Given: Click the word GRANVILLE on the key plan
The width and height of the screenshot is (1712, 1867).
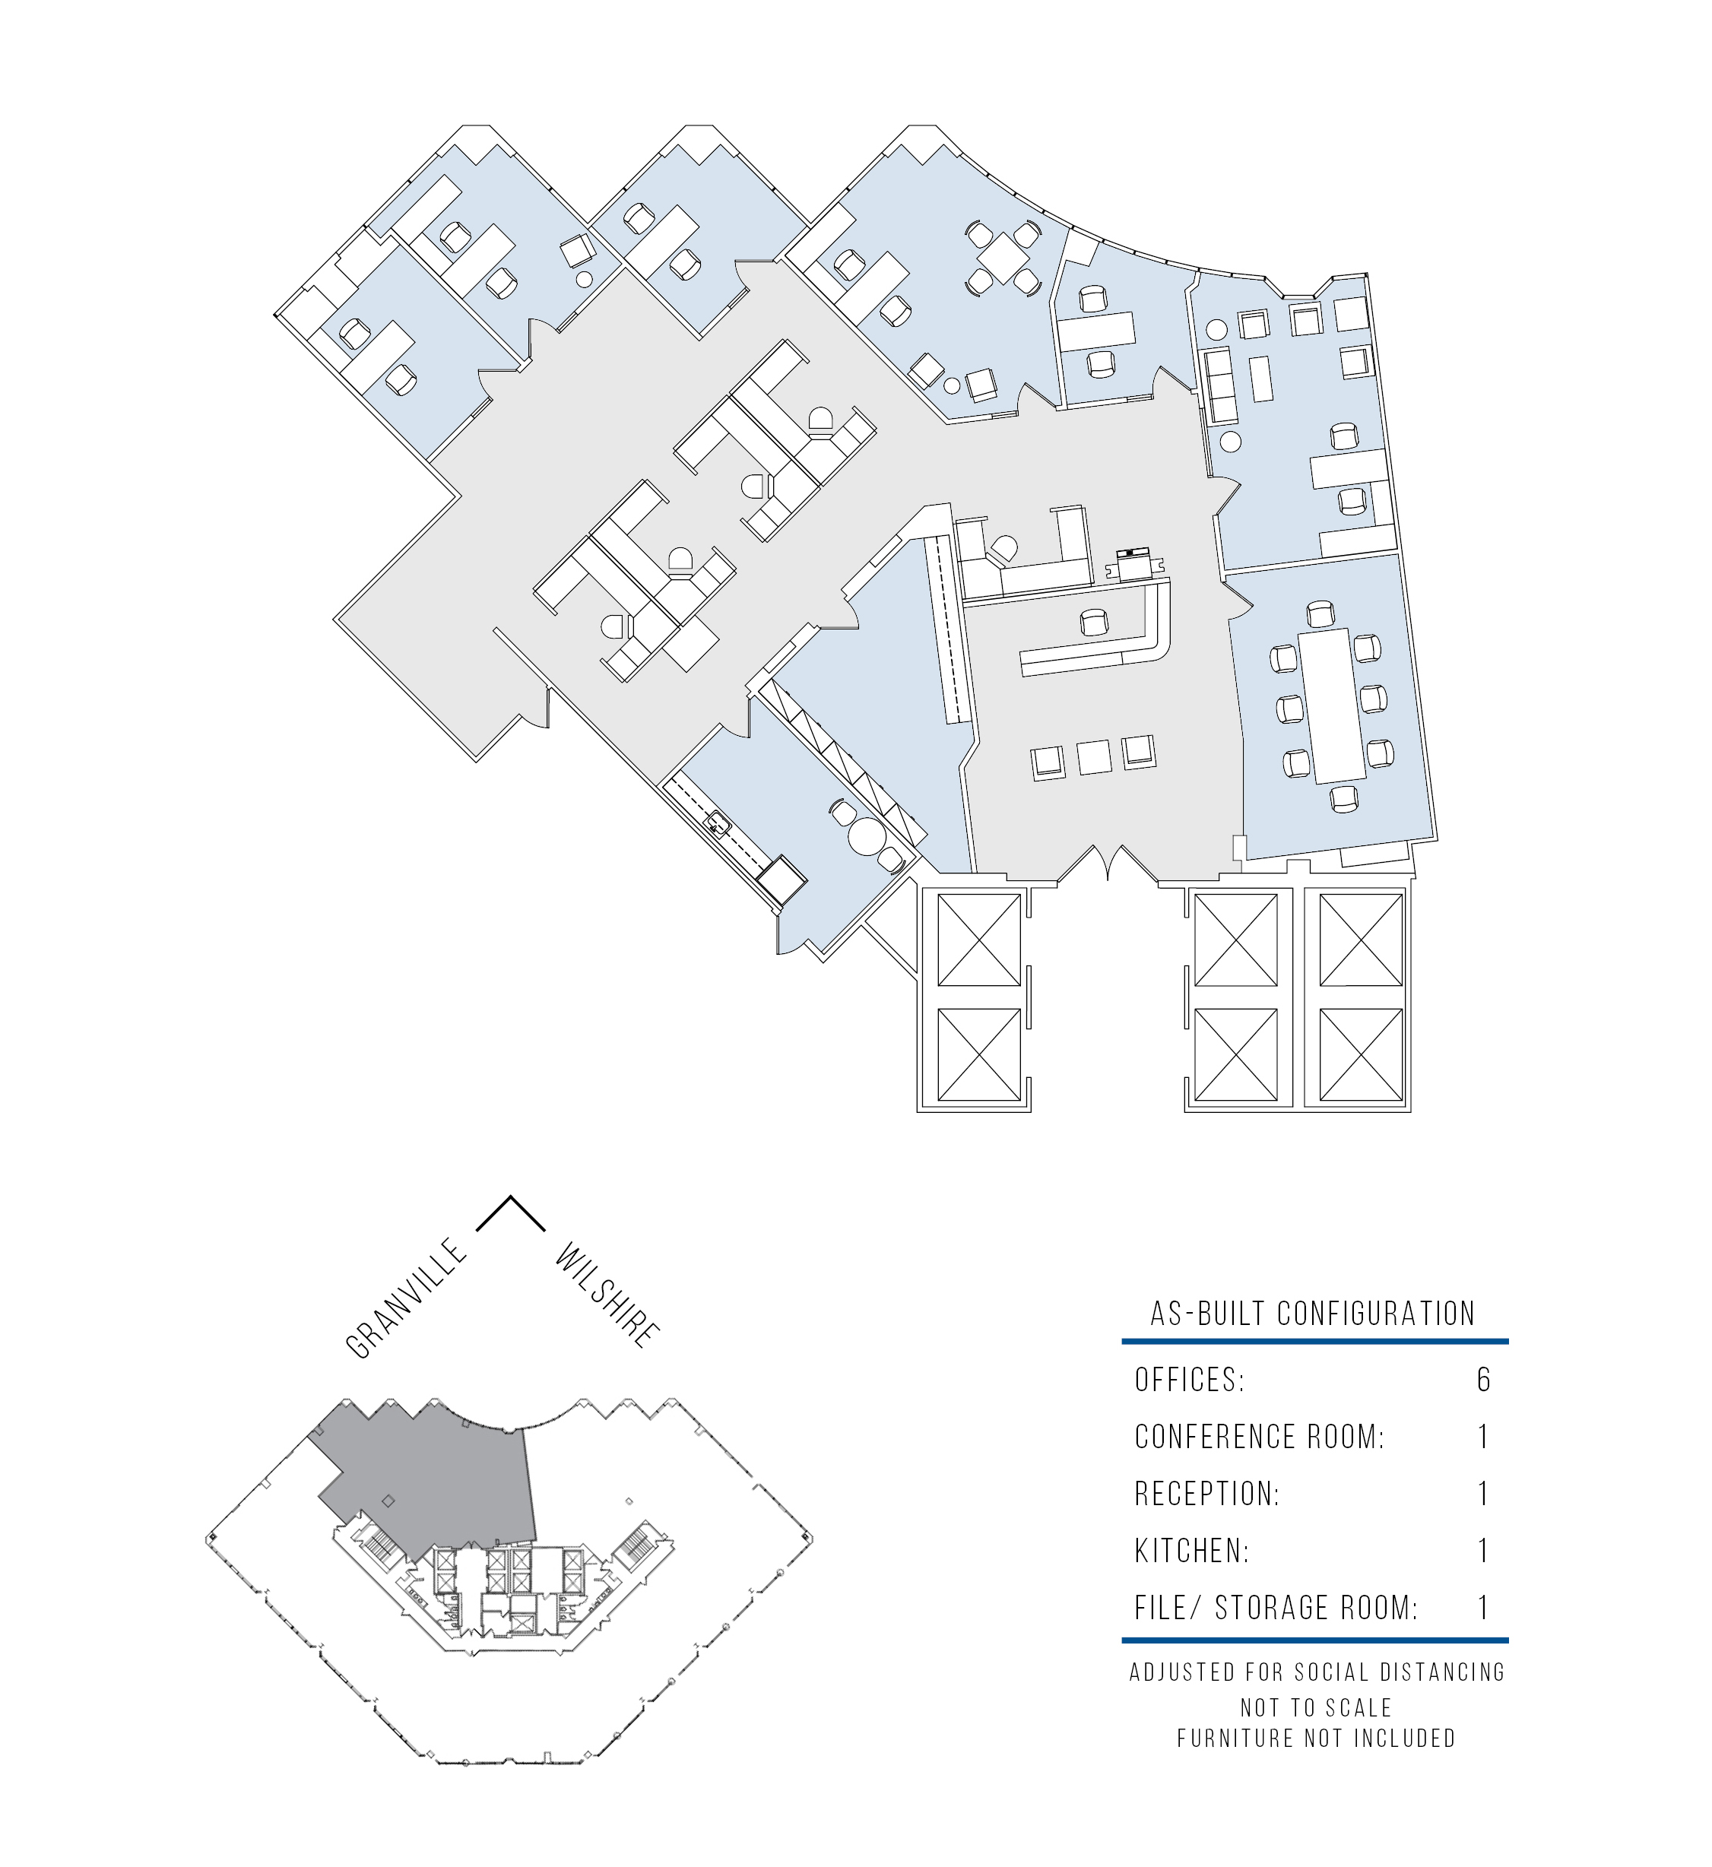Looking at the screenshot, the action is pyautogui.click(x=406, y=1298).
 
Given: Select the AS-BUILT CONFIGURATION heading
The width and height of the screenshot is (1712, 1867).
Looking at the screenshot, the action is pyautogui.click(x=1313, y=1314).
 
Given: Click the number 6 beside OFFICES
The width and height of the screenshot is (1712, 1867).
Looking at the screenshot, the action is pyautogui.click(x=1483, y=1380).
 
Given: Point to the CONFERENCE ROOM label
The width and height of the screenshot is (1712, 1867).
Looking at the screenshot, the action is pyautogui.click(x=1259, y=1437).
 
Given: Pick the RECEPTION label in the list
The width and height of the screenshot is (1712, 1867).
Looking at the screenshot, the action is pyautogui.click(x=1207, y=1494).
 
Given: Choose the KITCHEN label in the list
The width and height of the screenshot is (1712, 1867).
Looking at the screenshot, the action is pyautogui.click(x=1192, y=1550).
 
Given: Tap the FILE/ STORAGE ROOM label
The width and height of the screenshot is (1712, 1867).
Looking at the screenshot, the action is pyautogui.click(x=1276, y=1608).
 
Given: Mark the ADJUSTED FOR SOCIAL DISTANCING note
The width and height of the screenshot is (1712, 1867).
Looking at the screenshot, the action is pyautogui.click(x=1317, y=1672).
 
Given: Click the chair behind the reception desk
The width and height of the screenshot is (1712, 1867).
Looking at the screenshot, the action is pyautogui.click(x=1094, y=621).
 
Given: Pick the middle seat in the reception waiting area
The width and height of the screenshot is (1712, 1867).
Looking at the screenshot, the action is pyautogui.click(x=1094, y=757).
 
